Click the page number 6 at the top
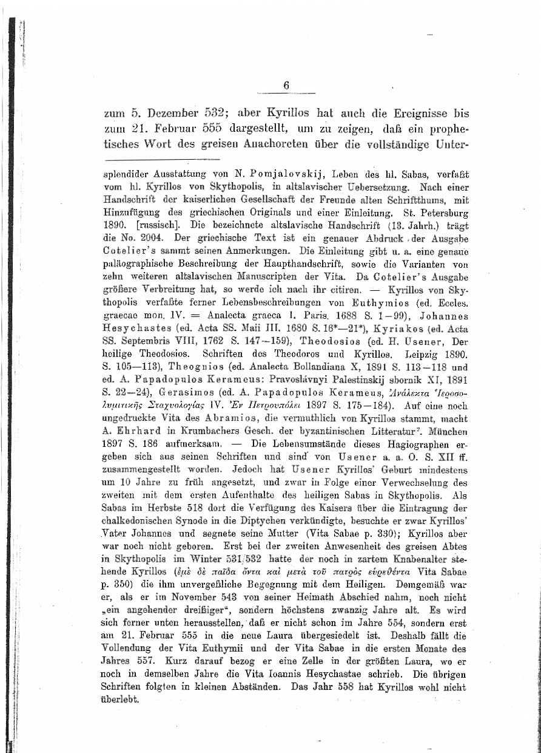pyautogui.click(x=286, y=86)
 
